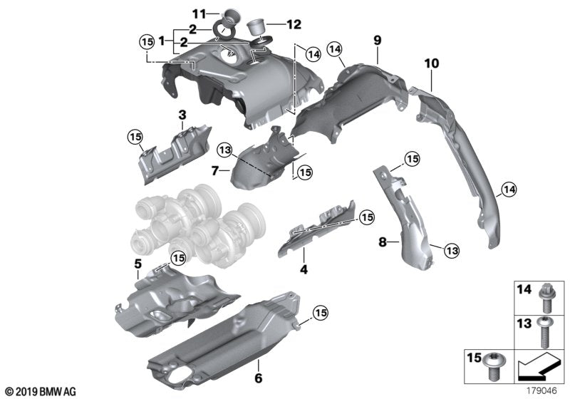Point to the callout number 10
(431, 64)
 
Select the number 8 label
(383, 242)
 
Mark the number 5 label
(138, 263)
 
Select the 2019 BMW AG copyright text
(40, 391)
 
